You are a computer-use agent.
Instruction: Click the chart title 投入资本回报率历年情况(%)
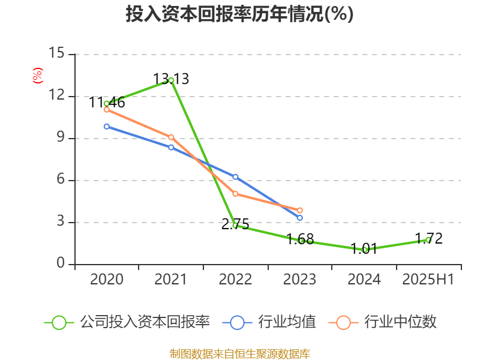coord(239,14)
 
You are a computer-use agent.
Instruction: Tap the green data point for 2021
coord(171,80)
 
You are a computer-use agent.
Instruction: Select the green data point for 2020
coord(106,103)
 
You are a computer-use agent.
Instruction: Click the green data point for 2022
coord(235,226)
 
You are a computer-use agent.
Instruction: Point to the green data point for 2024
coord(364,250)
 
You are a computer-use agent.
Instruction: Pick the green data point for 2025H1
coord(428,239)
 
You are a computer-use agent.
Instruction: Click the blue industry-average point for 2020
coord(106,127)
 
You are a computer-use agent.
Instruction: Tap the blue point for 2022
coord(235,177)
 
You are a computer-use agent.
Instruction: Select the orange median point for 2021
coord(171,137)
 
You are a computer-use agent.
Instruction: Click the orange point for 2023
coord(300,210)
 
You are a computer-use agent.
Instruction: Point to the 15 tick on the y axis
coord(56,54)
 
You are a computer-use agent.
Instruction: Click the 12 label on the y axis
coord(56,96)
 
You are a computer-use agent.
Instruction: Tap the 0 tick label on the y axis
coord(60,264)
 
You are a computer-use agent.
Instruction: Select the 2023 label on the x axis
coord(300,280)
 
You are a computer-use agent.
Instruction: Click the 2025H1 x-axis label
coord(428,280)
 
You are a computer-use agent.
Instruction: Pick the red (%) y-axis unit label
coord(37,76)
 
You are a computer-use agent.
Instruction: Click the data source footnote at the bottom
coord(239,353)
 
